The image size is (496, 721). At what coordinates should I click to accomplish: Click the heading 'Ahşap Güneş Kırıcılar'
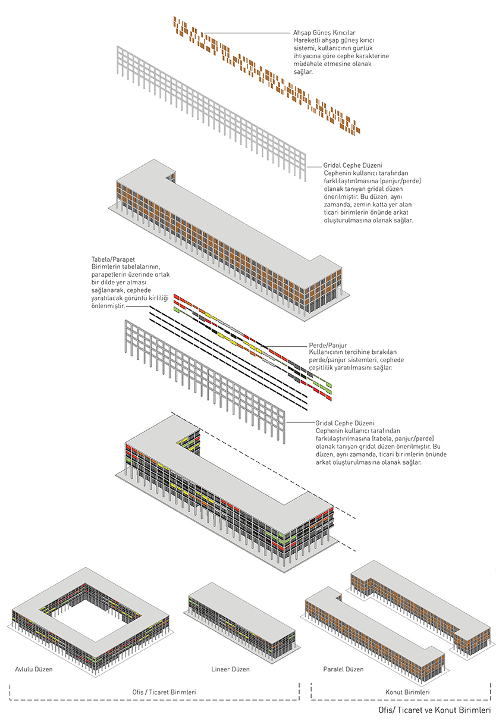[324, 32]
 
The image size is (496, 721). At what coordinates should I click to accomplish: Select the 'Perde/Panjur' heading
[327, 345]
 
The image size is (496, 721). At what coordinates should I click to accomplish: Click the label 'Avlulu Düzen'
[34, 669]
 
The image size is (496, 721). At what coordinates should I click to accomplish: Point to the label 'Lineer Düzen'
[231, 669]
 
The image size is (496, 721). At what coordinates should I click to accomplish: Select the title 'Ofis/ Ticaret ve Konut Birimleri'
[434, 710]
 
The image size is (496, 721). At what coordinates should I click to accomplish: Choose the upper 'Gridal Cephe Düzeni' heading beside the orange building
[352, 165]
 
